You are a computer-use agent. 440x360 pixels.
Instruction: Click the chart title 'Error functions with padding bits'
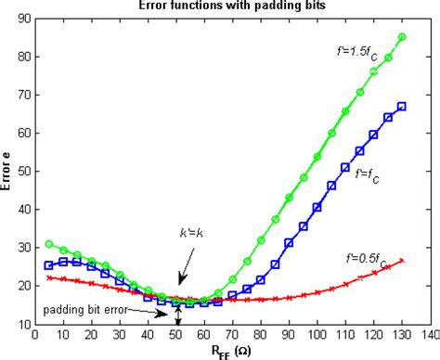tap(220, 6)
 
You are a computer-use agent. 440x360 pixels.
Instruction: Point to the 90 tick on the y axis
tap(22, 18)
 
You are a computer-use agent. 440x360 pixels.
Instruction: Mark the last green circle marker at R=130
tap(402, 37)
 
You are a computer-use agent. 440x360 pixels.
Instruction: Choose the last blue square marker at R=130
tap(402, 107)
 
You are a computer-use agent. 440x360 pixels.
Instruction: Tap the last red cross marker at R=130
tap(402, 261)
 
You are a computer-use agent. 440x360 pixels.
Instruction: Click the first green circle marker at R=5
tap(48, 244)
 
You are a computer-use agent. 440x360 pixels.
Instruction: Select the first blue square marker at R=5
tap(48, 265)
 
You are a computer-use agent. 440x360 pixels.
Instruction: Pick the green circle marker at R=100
tap(317, 157)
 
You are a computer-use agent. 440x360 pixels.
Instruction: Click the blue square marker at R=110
tap(345, 169)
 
